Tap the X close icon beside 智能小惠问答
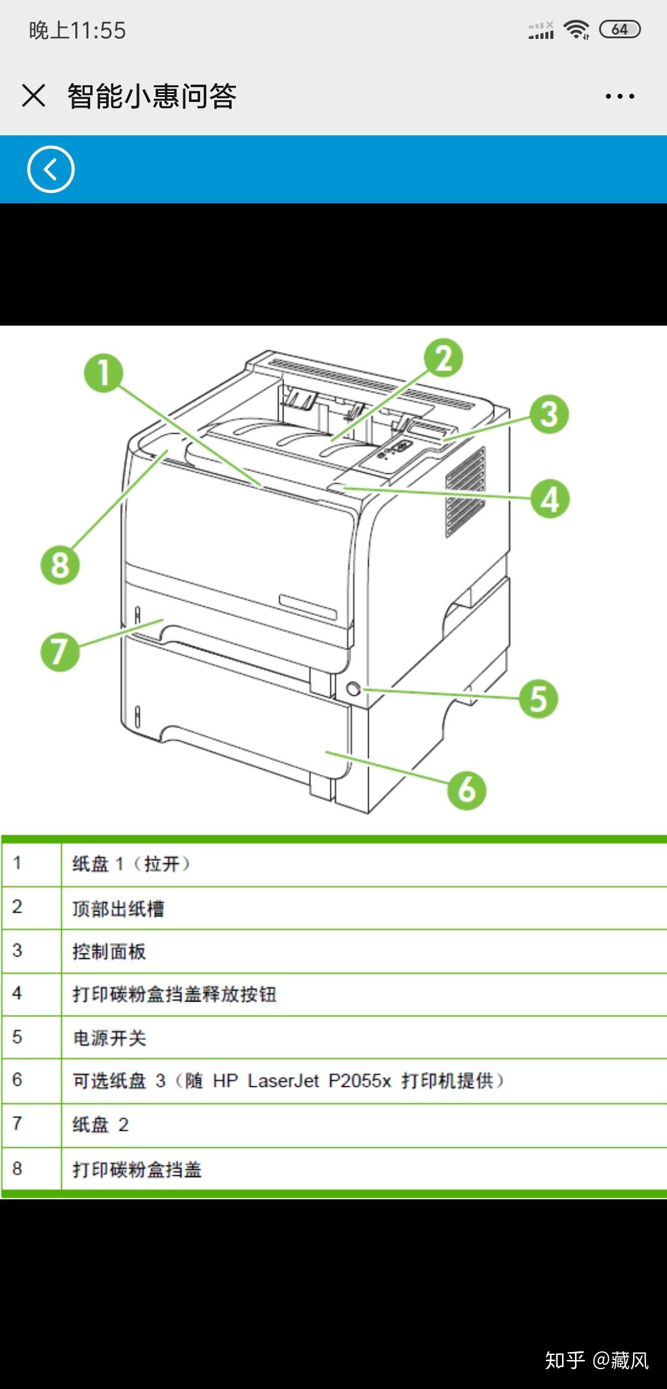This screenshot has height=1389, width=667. (33, 96)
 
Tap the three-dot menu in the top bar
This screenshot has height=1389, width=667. (619, 96)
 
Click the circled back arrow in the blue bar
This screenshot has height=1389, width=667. (51, 169)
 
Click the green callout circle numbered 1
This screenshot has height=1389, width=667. (104, 373)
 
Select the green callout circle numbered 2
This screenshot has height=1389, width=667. (443, 358)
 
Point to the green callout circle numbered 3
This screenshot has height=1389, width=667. (549, 414)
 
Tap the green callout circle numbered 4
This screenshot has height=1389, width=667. (550, 499)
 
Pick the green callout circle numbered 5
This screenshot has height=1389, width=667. (539, 699)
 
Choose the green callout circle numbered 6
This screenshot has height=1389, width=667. (467, 789)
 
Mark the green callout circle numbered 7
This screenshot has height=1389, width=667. (60, 651)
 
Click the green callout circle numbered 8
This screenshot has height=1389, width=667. (60, 564)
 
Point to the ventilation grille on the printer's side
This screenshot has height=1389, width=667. (465, 492)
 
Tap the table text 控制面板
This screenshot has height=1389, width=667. (109, 952)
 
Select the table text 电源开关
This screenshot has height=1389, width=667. (109, 1038)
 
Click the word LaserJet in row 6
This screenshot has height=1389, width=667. (283, 1081)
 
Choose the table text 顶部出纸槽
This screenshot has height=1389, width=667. (118, 908)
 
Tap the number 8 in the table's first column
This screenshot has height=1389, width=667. (17, 1168)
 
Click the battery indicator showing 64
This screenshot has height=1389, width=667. (619, 29)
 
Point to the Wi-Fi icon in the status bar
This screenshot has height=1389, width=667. (576, 29)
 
